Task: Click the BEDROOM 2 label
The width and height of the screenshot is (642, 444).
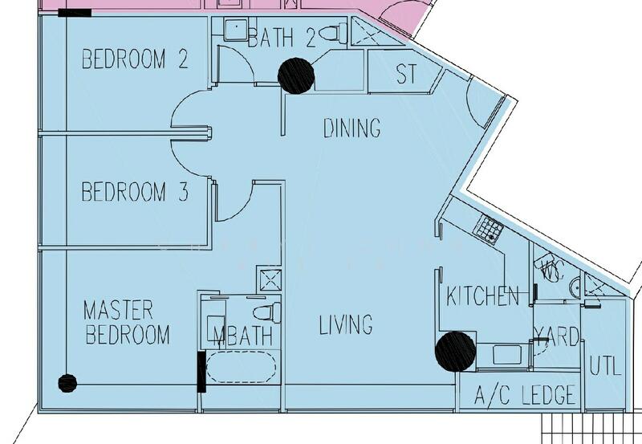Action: [x=135, y=59]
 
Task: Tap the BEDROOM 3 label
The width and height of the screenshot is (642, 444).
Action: [x=135, y=193]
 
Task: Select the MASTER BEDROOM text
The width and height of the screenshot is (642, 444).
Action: [x=127, y=322]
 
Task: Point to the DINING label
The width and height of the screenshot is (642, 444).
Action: [x=351, y=128]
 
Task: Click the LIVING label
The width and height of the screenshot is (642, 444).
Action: [x=346, y=325]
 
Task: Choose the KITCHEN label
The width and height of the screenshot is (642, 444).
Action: [x=483, y=295]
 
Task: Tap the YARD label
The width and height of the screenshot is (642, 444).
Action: [x=557, y=336]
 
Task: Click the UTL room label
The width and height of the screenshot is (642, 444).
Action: [x=605, y=366]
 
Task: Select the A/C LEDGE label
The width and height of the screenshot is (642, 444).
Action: [x=525, y=395]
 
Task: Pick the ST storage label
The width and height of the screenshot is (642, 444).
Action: [x=407, y=75]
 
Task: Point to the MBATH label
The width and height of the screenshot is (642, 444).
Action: [x=244, y=336]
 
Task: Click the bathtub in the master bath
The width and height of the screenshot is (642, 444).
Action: [x=242, y=368]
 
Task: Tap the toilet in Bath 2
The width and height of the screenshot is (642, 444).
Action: [x=331, y=34]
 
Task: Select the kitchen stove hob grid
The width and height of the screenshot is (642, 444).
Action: [x=488, y=230]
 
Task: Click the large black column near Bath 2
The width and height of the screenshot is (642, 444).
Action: [x=296, y=75]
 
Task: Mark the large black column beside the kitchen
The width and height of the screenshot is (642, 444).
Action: [x=455, y=351]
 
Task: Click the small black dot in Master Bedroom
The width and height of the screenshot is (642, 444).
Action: [x=67, y=383]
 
